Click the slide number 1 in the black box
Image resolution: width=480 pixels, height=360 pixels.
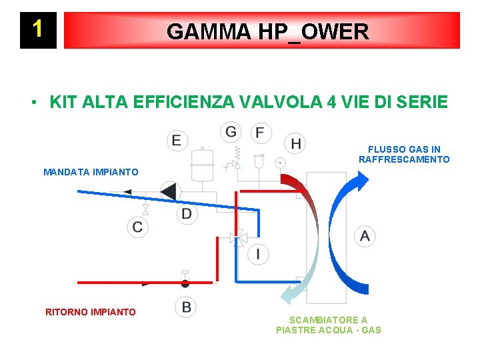point(38,29)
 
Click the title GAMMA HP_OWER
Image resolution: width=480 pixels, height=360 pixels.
point(267,31)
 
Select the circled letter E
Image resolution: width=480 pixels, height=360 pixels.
point(177,139)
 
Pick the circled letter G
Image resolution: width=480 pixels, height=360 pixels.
point(231,131)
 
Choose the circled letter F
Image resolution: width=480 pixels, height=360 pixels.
point(259,132)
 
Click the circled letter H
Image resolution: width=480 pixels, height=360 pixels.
point(295,143)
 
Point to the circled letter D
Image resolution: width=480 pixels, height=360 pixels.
point(187,214)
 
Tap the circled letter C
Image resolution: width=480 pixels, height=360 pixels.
point(137,227)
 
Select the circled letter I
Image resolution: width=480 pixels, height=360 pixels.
point(258,254)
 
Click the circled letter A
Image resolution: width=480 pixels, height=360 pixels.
point(364,235)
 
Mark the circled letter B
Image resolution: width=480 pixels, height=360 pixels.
point(186,307)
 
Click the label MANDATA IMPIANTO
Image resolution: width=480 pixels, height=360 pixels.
point(91,172)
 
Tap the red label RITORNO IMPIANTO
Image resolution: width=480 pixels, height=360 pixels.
point(90,312)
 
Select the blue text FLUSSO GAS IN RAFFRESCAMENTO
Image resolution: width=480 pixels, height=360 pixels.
point(404,155)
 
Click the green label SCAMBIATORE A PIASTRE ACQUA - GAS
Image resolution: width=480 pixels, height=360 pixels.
point(328,325)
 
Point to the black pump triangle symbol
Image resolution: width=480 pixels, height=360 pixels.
point(169,192)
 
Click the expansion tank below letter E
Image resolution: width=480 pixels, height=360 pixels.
point(201,163)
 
